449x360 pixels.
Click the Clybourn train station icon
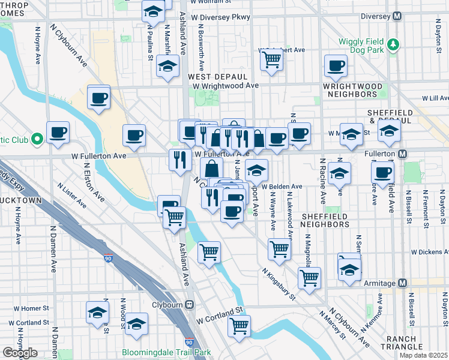188,304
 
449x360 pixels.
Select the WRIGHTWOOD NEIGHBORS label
353,90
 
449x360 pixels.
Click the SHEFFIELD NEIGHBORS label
325,220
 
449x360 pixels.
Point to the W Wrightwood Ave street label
226,86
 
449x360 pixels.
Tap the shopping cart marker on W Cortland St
239,326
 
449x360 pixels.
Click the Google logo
20,353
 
